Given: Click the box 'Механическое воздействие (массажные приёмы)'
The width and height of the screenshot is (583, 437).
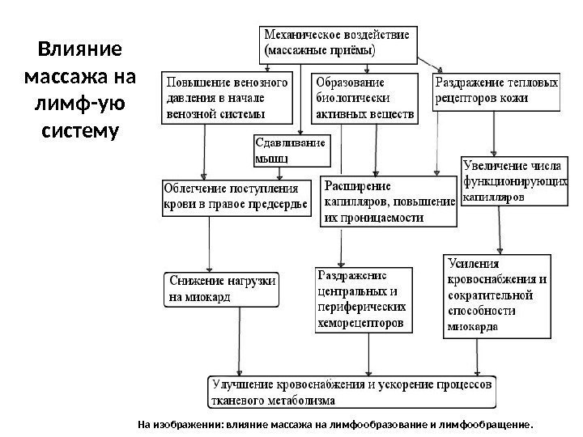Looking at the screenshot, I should point(338,42).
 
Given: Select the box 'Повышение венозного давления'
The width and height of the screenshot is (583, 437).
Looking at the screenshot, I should point(228,98).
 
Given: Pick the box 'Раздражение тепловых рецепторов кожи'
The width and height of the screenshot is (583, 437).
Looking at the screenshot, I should point(497,91).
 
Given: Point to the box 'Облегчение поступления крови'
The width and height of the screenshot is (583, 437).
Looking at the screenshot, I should point(236,196).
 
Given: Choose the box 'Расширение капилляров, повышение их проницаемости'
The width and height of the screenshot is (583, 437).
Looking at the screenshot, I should point(389,202).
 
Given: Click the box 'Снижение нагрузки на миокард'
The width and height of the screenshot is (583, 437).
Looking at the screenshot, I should point(223,289).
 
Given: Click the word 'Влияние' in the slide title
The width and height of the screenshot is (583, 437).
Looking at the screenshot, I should point(80,50).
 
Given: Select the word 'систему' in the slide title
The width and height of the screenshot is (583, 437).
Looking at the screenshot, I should point(80,129).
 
